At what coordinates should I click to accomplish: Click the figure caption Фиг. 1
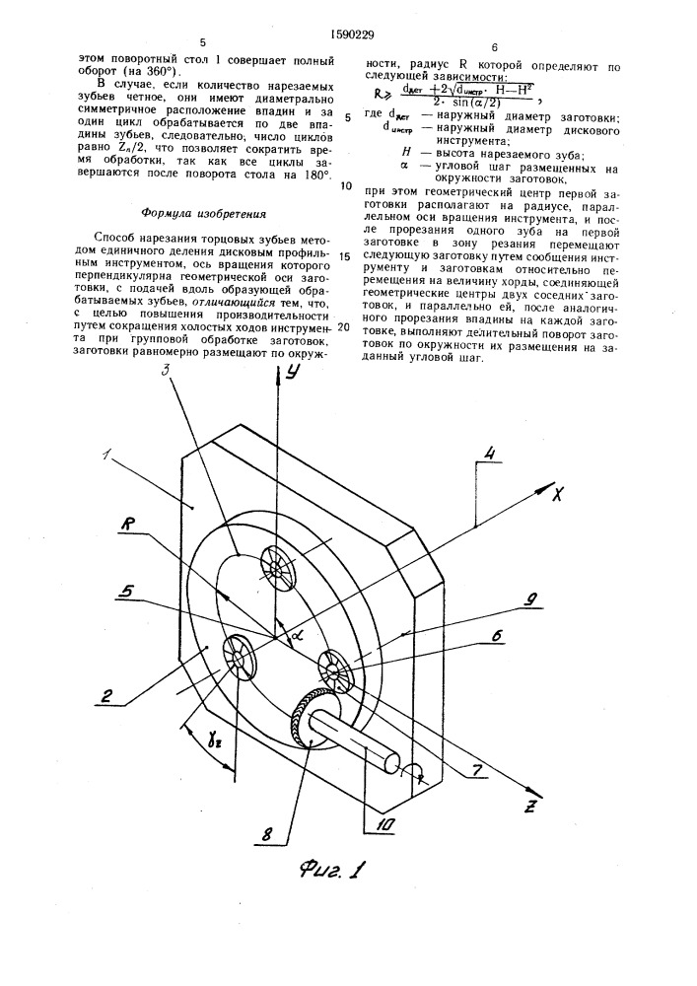coord(333,870)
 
